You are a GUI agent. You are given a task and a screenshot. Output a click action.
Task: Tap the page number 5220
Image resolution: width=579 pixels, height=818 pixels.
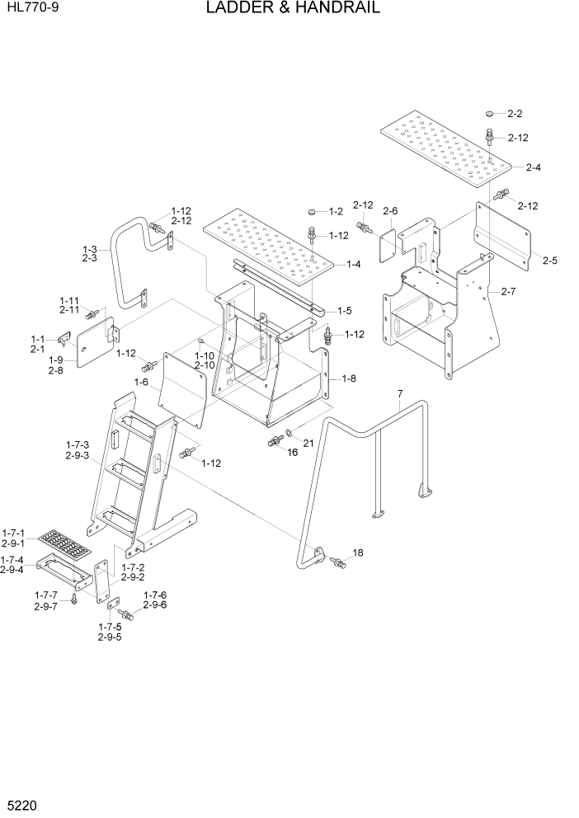[22, 801]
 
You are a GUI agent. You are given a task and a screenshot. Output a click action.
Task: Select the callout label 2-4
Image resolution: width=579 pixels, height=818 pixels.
[533, 167]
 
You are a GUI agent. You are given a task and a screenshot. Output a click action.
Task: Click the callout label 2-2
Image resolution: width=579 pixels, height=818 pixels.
[515, 114]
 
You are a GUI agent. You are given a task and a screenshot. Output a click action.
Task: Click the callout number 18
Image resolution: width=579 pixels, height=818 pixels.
[358, 552]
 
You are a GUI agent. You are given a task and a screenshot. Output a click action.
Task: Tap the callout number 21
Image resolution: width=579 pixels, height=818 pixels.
[308, 444]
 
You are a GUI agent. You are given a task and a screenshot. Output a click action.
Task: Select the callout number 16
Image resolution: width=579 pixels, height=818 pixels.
[292, 452]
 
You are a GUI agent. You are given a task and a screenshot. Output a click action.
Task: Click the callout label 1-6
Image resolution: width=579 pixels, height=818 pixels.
[141, 383]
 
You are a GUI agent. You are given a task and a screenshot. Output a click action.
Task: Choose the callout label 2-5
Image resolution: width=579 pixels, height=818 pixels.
[550, 261]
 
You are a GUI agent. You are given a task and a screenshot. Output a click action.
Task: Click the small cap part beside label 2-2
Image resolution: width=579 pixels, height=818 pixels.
[490, 113]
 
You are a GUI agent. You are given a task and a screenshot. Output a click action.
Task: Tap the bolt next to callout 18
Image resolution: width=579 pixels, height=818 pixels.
[338, 562]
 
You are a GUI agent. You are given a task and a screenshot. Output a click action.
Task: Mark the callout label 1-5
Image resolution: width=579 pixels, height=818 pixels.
[345, 311]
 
